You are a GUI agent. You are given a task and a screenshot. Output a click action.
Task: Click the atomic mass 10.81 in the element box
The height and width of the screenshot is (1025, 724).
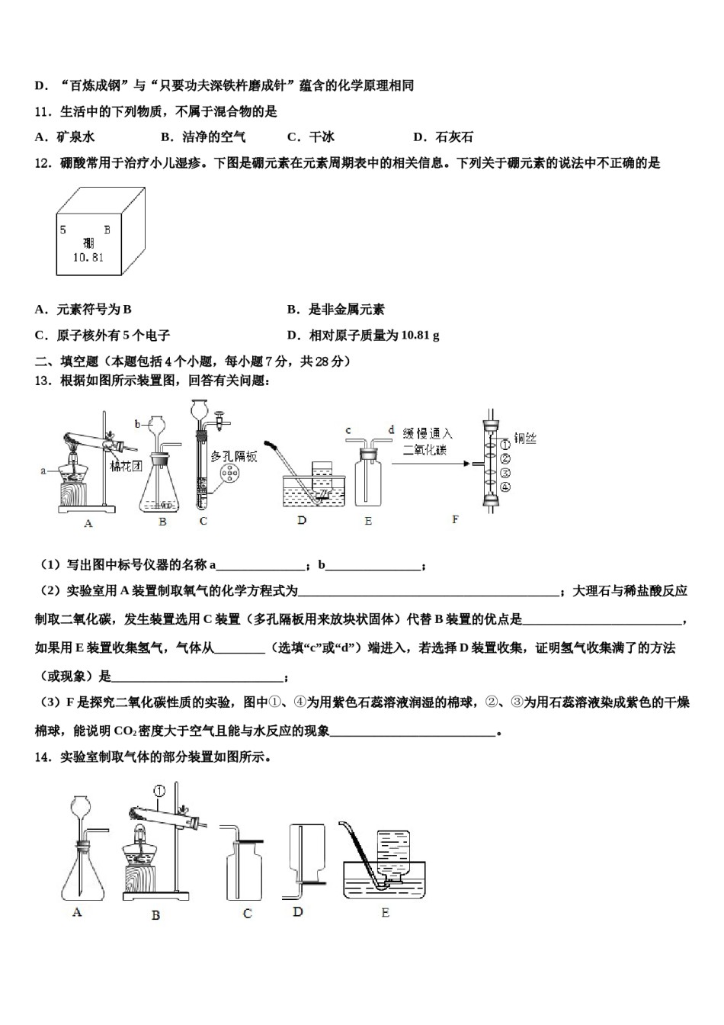point(88,258)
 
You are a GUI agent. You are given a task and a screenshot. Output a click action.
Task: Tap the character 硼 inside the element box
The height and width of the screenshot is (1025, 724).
point(89,243)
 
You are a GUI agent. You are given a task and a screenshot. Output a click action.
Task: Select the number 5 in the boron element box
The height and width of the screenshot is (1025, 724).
point(63,229)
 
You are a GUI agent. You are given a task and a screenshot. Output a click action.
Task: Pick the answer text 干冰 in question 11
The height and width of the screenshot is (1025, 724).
point(322,137)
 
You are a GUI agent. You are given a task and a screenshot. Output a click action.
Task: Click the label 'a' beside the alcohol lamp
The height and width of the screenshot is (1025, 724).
point(43,471)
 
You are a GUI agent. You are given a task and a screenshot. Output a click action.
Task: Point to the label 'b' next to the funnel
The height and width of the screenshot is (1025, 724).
point(138,423)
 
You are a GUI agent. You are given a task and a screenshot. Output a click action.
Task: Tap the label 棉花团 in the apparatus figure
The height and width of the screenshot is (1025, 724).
point(126,466)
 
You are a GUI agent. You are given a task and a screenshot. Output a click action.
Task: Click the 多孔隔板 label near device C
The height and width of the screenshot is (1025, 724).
point(234,455)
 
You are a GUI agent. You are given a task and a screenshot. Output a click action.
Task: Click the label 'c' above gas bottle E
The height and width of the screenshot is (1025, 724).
point(348,431)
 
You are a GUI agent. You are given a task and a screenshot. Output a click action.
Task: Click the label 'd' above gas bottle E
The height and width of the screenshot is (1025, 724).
point(391,431)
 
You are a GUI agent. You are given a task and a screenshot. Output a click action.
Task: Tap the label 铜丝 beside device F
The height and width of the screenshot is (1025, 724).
point(524,438)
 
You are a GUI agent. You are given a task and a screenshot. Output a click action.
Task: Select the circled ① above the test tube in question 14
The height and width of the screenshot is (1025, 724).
point(159,790)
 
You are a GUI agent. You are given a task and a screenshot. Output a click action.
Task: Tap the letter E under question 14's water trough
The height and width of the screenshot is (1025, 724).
point(385,912)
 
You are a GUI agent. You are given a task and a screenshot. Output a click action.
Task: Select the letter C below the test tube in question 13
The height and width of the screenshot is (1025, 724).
point(203,522)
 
